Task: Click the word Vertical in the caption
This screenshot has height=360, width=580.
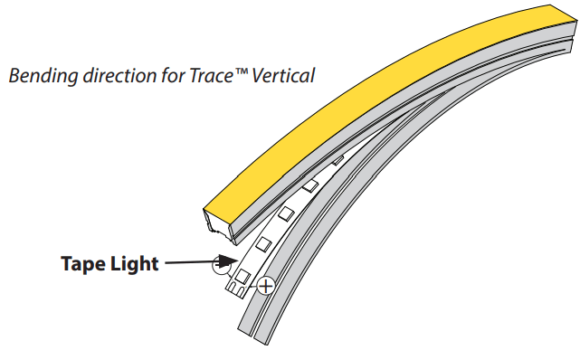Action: (x=277, y=75)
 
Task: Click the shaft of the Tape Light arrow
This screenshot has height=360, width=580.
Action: (x=185, y=263)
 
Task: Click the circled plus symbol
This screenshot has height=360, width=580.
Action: (x=265, y=287)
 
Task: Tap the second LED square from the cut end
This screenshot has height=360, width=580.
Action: (x=263, y=242)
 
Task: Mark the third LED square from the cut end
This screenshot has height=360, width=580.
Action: (x=285, y=213)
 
